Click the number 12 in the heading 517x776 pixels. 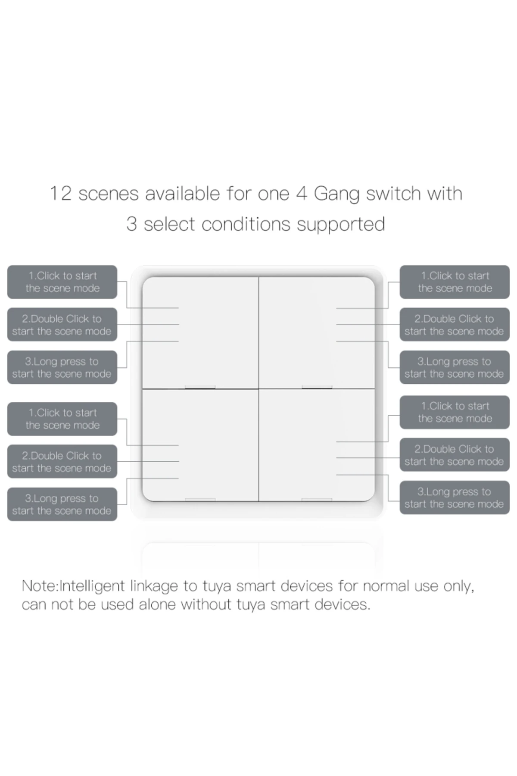tap(61, 194)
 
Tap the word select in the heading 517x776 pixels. tap(169, 224)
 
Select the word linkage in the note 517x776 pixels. tap(154, 587)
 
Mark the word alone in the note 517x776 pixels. tap(157, 604)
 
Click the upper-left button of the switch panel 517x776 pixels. tap(200, 332)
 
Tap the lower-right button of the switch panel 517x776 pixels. tap(317, 445)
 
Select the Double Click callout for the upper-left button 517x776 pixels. tap(62, 325)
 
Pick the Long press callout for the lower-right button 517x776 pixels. tap(455, 498)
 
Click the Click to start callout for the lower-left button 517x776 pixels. tap(62, 419)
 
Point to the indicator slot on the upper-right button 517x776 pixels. tap(317, 387)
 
